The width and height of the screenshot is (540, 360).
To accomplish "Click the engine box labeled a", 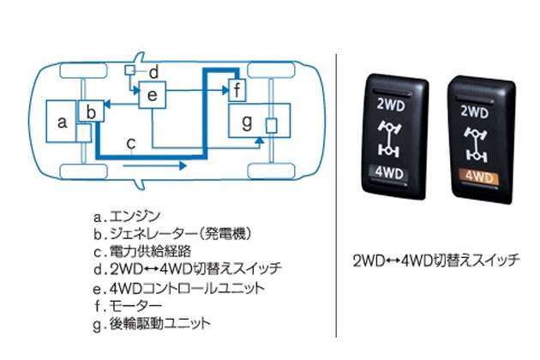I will (62, 123).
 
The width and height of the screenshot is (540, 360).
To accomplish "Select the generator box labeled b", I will (92, 111).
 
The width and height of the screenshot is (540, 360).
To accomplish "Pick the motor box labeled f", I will (237, 87).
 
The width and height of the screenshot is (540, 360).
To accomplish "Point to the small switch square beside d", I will (130, 69).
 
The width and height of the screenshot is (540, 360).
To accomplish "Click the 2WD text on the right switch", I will (478, 111).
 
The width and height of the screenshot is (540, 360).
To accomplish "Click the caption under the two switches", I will (436, 260).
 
